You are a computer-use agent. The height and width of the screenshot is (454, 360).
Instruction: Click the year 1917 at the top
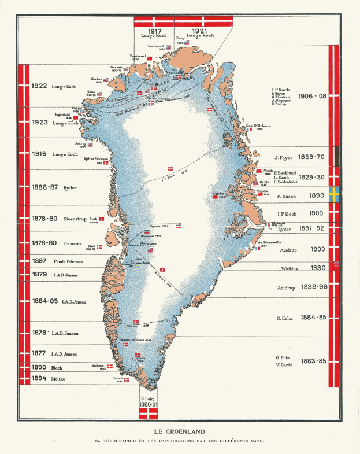(154, 31)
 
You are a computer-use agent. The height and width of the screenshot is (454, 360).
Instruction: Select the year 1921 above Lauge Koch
(201, 31)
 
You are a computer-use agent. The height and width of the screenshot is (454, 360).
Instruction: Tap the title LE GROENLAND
(180, 431)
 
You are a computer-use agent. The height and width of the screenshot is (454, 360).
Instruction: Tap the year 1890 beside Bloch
(39, 367)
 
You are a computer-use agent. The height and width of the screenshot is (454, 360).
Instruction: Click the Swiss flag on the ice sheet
(163, 270)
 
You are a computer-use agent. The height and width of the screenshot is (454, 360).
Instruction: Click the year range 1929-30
(312, 178)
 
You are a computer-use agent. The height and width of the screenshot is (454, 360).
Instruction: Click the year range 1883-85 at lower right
(314, 361)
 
